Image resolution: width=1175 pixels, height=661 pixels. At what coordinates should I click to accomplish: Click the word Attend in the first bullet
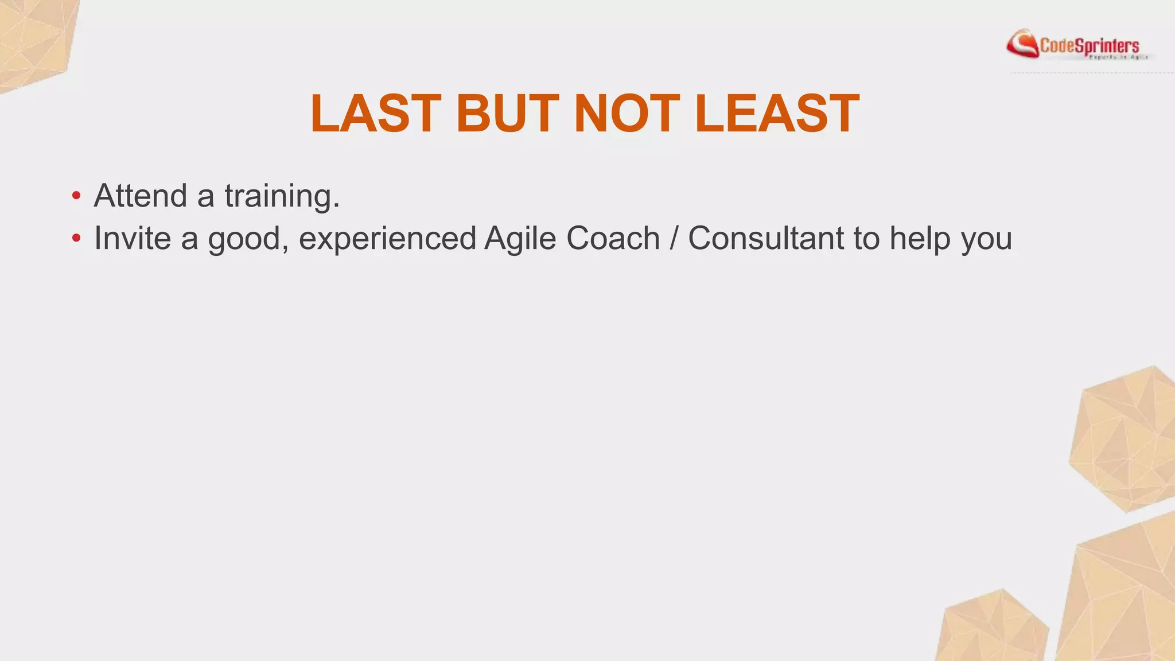pyautogui.click(x=141, y=196)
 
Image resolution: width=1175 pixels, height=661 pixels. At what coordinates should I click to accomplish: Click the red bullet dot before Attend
pyautogui.click(x=76, y=196)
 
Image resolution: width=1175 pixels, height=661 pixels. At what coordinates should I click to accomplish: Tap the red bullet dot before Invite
pyautogui.click(x=76, y=238)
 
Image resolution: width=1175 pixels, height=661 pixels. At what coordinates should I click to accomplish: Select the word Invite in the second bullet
pyautogui.click(x=133, y=238)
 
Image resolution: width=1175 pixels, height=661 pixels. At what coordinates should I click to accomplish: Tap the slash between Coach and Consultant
pyautogui.click(x=674, y=239)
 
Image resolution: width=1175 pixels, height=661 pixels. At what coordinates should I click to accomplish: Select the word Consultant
pyautogui.click(x=766, y=238)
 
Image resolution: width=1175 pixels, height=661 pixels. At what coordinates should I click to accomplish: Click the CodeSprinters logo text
pyautogui.click(x=1089, y=45)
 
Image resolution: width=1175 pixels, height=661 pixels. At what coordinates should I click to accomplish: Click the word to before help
pyautogui.click(x=866, y=239)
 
